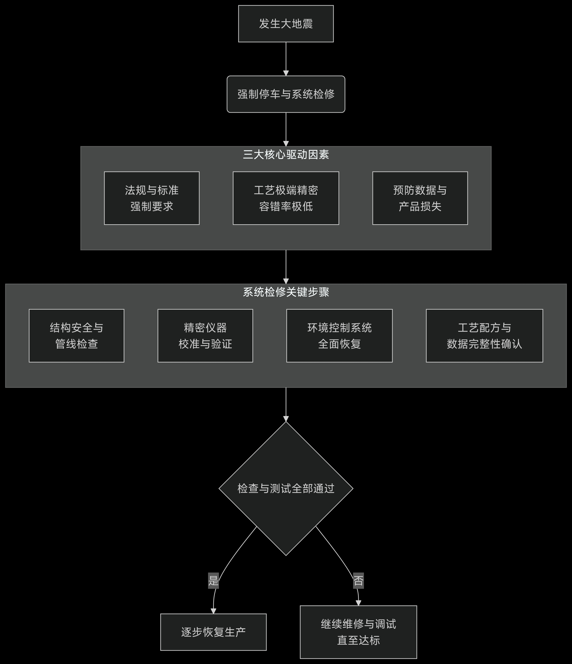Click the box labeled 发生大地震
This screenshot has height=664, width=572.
point(286,24)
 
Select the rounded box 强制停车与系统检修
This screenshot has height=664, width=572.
point(286,94)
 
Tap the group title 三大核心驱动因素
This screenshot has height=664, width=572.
point(286,155)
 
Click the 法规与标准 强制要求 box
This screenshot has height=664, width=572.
point(152,198)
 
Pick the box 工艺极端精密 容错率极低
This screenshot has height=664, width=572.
point(286,198)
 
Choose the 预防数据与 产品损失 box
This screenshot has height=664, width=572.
point(420,198)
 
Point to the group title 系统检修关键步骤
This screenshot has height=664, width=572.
point(286,292)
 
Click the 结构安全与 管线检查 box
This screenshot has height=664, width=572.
point(76,336)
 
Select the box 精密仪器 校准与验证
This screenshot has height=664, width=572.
point(205,336)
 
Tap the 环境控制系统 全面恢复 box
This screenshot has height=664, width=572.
point(339,336)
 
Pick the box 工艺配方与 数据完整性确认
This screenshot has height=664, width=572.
point(484,336)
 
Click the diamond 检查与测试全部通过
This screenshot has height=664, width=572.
point(286,488)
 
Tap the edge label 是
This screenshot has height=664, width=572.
point(213,580)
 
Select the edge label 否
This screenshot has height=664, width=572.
point(358,580)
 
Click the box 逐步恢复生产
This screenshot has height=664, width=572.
point(213,632)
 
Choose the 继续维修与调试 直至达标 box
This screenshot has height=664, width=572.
point(358,632)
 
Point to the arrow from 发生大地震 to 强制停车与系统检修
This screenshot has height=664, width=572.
point(286,58)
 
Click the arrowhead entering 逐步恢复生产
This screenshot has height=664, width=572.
point(213,611)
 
